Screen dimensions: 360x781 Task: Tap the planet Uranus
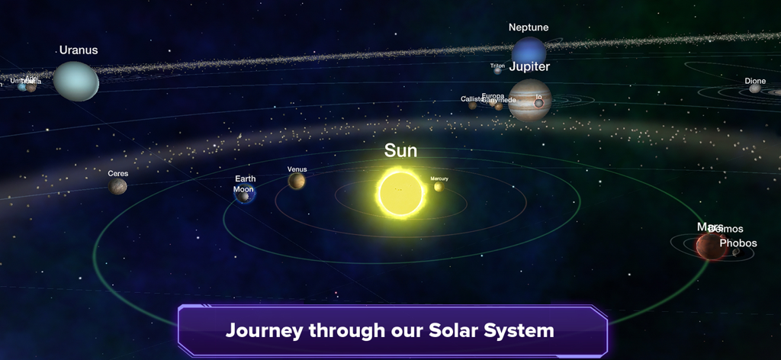click(x=76, y=81)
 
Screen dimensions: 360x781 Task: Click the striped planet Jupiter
click(x=529, y=99)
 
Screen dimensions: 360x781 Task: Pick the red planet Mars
click(x=710, y=246)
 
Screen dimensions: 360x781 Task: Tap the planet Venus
click(x=297, y=181)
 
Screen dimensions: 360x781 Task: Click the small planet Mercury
click(x=439, y=187)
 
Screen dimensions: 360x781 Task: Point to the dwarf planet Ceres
click(x=117, y=185)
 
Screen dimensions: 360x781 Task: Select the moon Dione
click(x=754, y=88)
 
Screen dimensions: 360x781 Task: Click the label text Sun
click(x=400, y=150)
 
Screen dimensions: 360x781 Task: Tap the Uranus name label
click(x=79, y=50)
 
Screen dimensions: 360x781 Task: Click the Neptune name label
click(x=529, y=27)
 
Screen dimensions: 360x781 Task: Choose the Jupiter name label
click(x=529, y=66)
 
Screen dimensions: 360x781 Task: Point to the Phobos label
click(x=738, y=243)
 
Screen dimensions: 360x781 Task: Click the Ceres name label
click(x=117, y=173)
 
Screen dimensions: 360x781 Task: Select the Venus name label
click(x=297, y=169)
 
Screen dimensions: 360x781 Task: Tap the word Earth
click(x=245, y=179)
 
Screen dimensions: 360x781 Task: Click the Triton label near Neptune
click(x=497, y=66)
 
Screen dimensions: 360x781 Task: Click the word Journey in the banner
click(x=262, y=331)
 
